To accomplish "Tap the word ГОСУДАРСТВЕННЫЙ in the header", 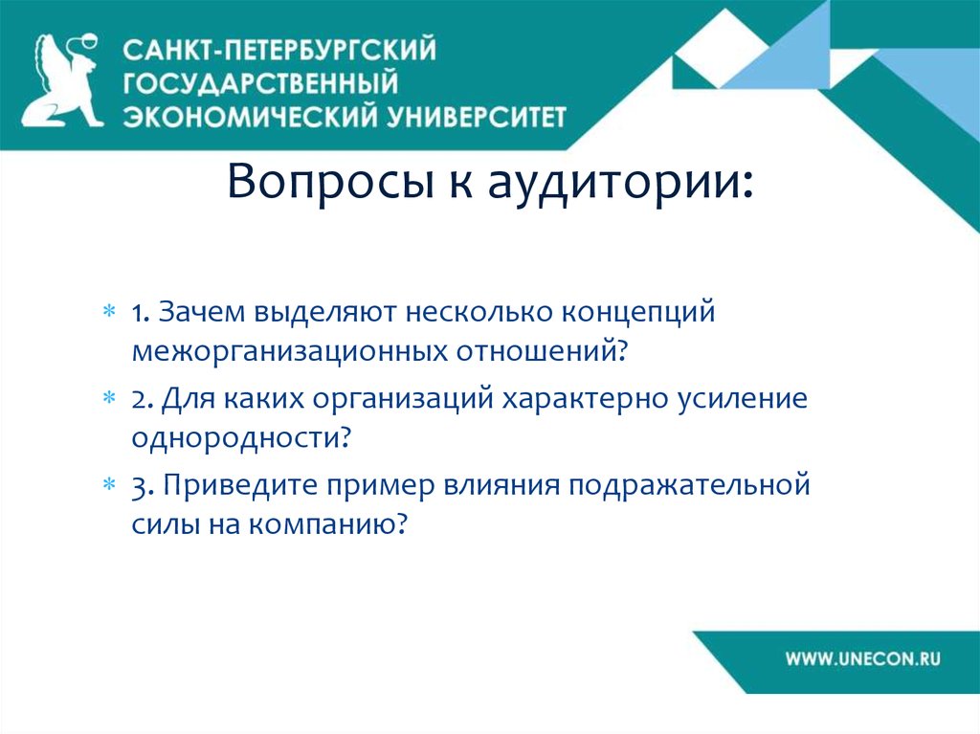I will click(261, 82).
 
